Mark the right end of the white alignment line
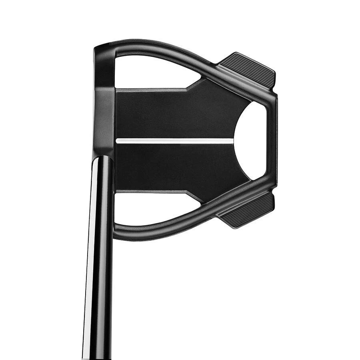coord(232,141)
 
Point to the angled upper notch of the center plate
coord(194,84)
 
